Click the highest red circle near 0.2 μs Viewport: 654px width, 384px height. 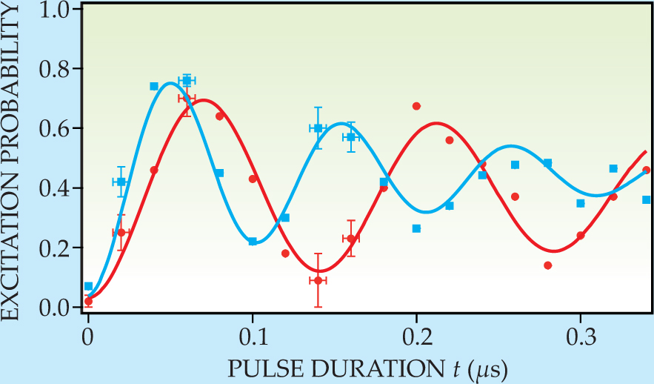pos(416,106)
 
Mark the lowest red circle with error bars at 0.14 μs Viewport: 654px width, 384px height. pos(318,280)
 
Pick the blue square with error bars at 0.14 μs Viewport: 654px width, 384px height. pos(318,128)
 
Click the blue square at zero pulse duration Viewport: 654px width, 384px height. pos(89,286)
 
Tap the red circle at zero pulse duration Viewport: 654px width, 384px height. pos(89,301)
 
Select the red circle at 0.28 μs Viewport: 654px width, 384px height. pos(548,265)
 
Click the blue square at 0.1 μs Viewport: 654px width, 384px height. pos(253,242)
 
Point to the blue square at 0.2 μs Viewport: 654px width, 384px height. pos(416,228)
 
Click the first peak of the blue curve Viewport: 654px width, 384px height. pos(170,83)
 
